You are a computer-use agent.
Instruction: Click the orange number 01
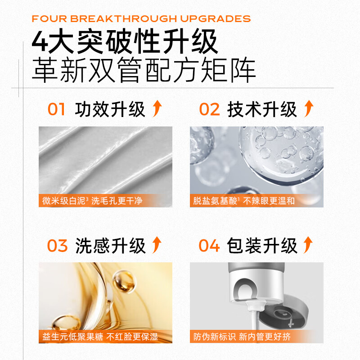click(x=57, y=109)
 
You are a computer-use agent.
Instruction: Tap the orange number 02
click(x=209, y=109)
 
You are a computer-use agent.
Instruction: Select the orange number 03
click(x=57, y=246)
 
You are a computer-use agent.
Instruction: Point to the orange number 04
click(x=209, y=246)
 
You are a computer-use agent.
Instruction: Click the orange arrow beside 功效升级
click(x=157, y=109)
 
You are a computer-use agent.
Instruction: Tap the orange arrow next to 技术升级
click(x=308, y=109)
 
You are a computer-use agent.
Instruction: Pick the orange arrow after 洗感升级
click(x=157, y=245)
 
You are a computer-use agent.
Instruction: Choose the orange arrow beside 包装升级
click(x=308, y=245)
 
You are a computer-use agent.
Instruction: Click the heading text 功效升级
click(x=110, y=109)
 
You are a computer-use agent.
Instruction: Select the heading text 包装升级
click(x=262, y=246)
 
